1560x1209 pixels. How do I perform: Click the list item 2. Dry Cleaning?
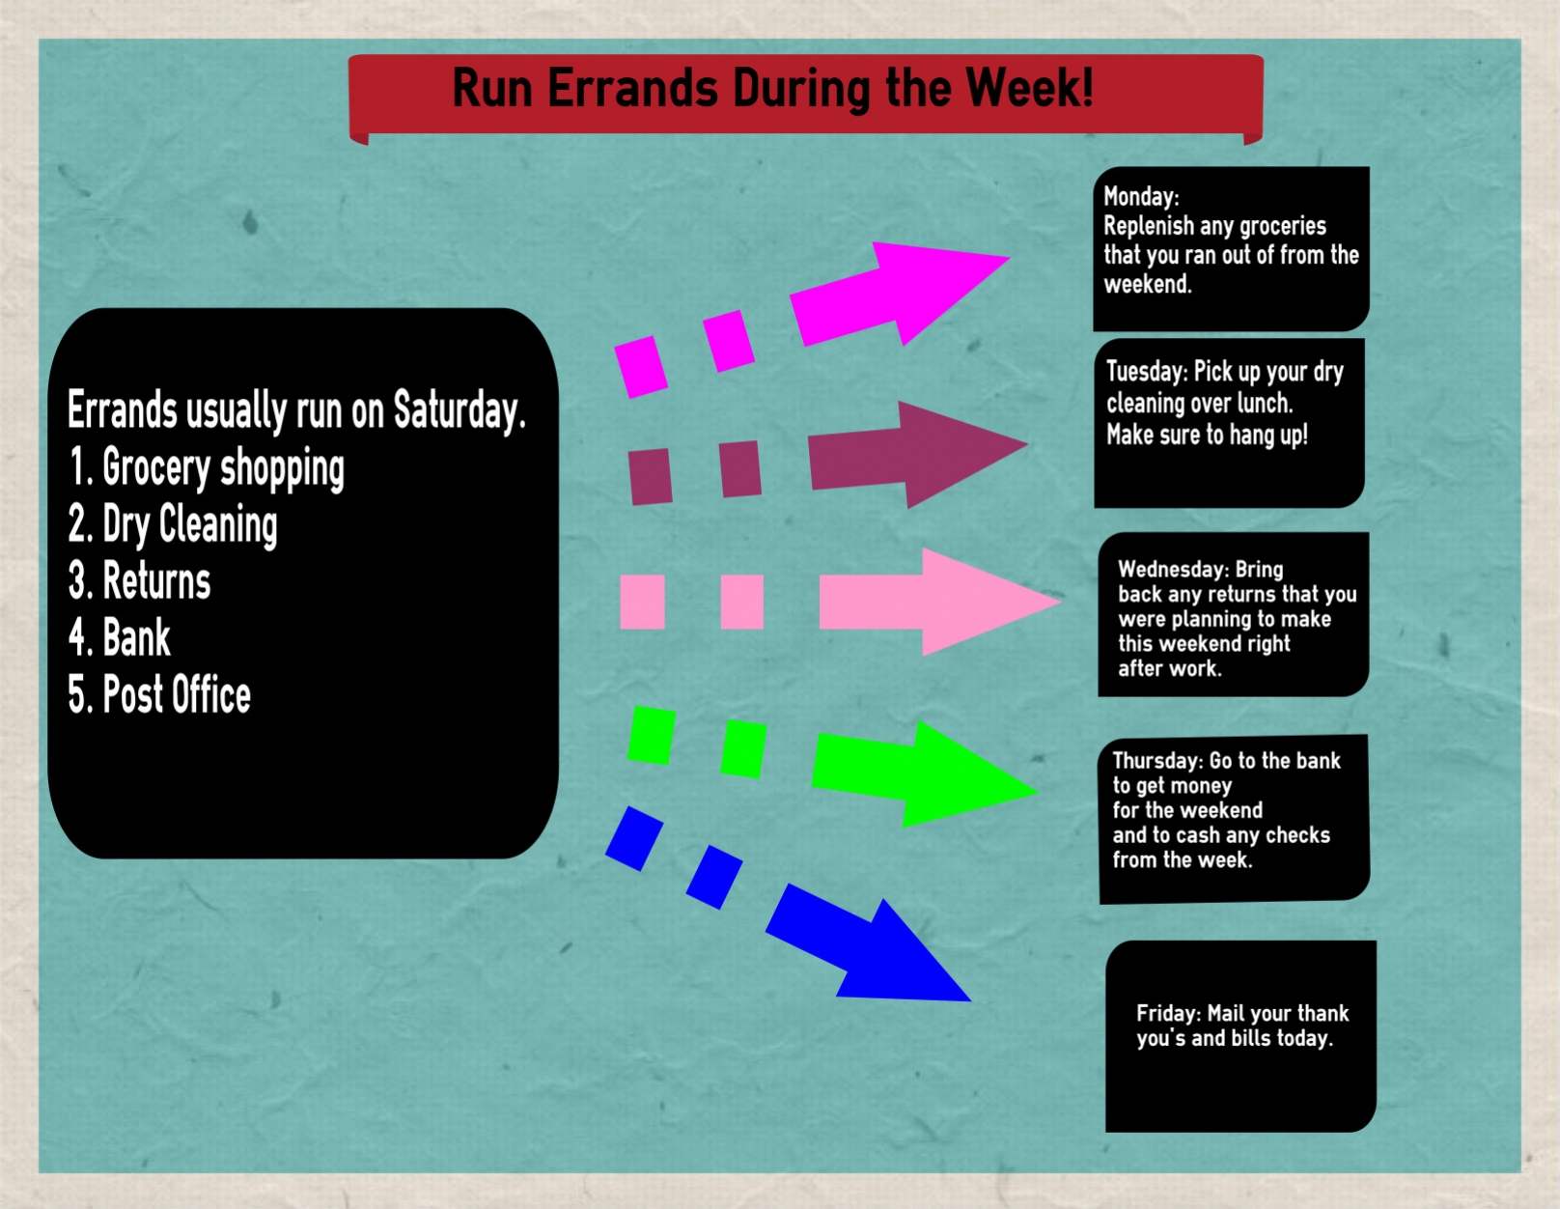click(x=173, y=524)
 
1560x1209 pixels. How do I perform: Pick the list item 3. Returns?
click(x=139, y=580)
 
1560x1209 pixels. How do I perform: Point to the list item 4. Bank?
click(x=119, y=636)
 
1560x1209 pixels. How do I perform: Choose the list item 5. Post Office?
click(x=159, y=694)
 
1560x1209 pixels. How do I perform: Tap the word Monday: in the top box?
click(x=1141, y=196)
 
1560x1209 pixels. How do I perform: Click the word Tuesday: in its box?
click(x=1147, y=372)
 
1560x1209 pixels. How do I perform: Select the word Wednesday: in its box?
click(x=1173, y=570)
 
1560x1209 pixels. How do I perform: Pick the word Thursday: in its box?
click(x=1157, y=760)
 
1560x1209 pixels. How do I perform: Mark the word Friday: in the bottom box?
click(x=1168, y=1013)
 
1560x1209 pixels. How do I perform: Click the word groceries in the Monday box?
click(x=1282, y=227)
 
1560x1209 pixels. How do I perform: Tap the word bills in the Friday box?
click(x=1250, y=1037)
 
